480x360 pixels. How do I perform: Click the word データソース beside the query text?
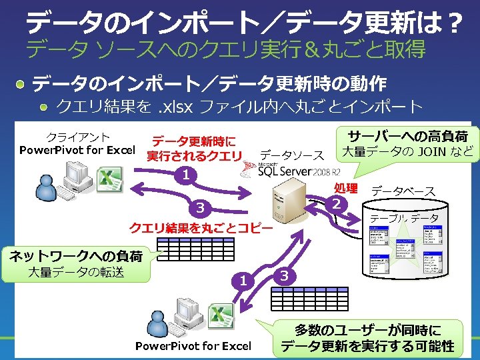click(291, 155)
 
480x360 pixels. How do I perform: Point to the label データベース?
click(403, 191)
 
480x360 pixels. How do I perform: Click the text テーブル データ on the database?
click(404, 218)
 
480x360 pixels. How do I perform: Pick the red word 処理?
click(346, 188)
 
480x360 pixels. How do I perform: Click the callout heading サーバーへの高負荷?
click(407, 136)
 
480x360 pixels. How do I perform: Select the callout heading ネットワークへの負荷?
click(75, 255)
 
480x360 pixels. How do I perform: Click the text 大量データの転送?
click(75, 272)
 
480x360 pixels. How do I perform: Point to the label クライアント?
click(77, 137)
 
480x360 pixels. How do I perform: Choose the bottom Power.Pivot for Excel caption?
click(193, 345)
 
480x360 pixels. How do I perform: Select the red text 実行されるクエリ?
click(194, 156)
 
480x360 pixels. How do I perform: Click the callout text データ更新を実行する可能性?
click(367, 346)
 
